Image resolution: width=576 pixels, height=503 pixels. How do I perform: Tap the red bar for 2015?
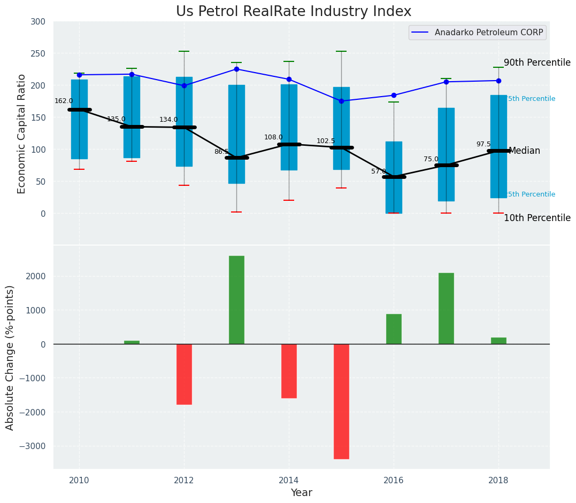click(x=341, y=401)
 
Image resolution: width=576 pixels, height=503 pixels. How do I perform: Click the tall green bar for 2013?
click(x=236, y=300)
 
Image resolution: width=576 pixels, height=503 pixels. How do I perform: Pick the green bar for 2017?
click(x=446, y=308)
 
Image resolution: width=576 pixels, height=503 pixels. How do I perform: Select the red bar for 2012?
click(x=184, y=374)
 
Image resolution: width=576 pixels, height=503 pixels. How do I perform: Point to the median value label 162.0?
click(x=64, y=101)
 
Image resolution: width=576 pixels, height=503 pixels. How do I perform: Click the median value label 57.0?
click(x=378, y=171)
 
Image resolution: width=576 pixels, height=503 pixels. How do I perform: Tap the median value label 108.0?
click(x=273, y=137)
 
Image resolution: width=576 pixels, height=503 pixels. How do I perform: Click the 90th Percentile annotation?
click(x=537, y=62)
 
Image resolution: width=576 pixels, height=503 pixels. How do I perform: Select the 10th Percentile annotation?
click(x=537, y=218)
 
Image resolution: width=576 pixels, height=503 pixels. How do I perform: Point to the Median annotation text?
click(x=524, y=151)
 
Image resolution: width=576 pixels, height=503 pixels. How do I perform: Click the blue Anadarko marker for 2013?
click(x=236, y=69)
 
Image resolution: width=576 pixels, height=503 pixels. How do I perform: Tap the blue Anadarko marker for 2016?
click(x=394, y=96)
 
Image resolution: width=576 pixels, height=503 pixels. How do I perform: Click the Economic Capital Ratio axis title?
click(x=21, y=133)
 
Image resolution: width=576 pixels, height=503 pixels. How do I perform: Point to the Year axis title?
click(x=301, y=492)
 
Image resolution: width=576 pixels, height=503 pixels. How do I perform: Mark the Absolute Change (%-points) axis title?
click(x=10, y=357)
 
